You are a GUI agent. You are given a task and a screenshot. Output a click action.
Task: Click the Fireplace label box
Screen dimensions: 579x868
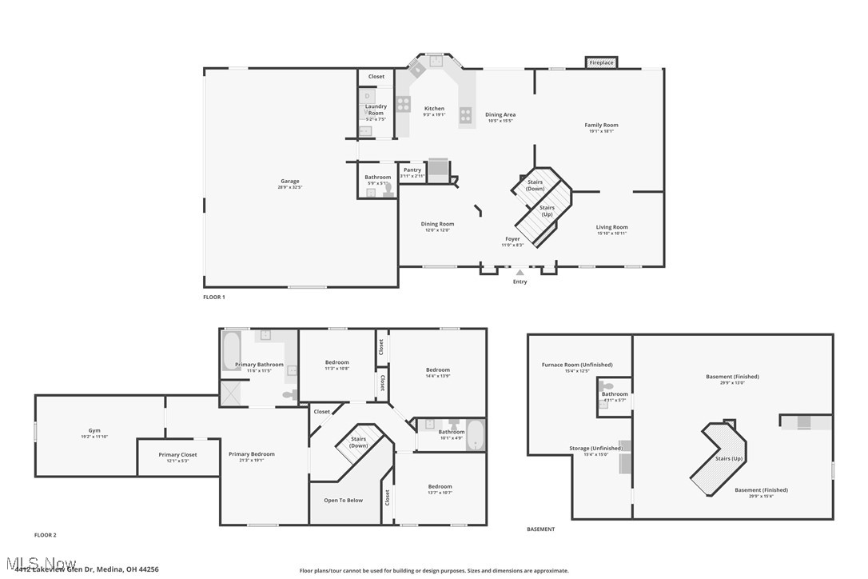601,62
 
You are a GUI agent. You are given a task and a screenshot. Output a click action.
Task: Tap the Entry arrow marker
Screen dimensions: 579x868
520,273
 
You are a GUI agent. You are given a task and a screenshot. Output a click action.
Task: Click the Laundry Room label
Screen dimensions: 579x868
376,110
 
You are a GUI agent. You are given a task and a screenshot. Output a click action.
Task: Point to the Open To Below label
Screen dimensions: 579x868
343,500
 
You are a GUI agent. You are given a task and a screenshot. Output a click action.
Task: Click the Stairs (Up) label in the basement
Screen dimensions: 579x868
728,458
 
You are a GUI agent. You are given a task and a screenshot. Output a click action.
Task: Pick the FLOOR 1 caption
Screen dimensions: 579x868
213,297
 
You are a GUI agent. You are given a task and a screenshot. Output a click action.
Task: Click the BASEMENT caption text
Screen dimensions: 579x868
540,529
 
